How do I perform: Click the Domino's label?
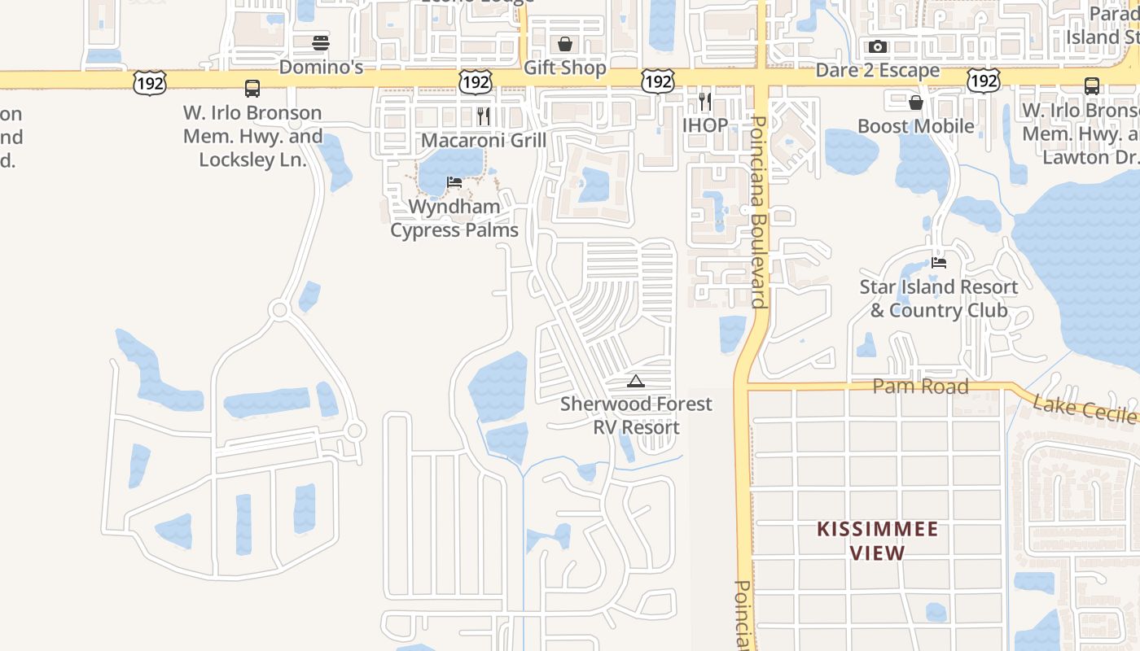click(x=321, y=67)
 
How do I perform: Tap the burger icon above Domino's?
click(x=321, y=43)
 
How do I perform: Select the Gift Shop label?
click(x=564, y=68)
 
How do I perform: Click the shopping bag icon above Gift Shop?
click(x=564, y=44)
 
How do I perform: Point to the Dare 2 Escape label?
click(x=878, y=71)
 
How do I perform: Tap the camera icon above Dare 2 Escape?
click(x=877, y=47)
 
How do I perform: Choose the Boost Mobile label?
click(x=916, y=126)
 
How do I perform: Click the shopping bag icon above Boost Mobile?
click(x=916, y=103)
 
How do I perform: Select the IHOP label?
click(x=705, y=125)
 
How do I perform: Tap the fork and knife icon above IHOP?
click(x=705, y=102)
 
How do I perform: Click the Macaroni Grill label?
click(x=484, y=140)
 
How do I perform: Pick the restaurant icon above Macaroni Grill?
click(x=484, y=116)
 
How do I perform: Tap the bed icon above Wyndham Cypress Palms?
click(x=454, y=182)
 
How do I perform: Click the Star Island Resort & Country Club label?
click(x=939, y=299)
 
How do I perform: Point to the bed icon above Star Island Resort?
click(x=939, y=263)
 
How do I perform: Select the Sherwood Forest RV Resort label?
click(x=636, y=415)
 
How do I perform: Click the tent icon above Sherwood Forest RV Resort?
click(x=636, y=381)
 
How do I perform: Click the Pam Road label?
click(x=920, y=387)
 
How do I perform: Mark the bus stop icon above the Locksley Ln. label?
click(x=252, y=89)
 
